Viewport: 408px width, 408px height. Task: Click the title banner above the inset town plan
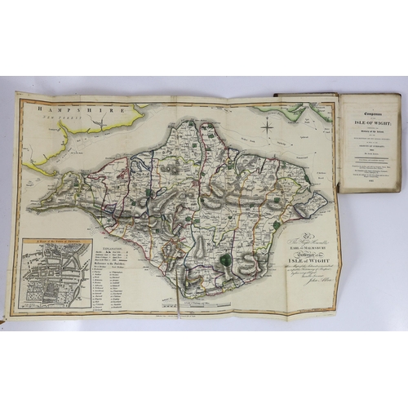56,243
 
